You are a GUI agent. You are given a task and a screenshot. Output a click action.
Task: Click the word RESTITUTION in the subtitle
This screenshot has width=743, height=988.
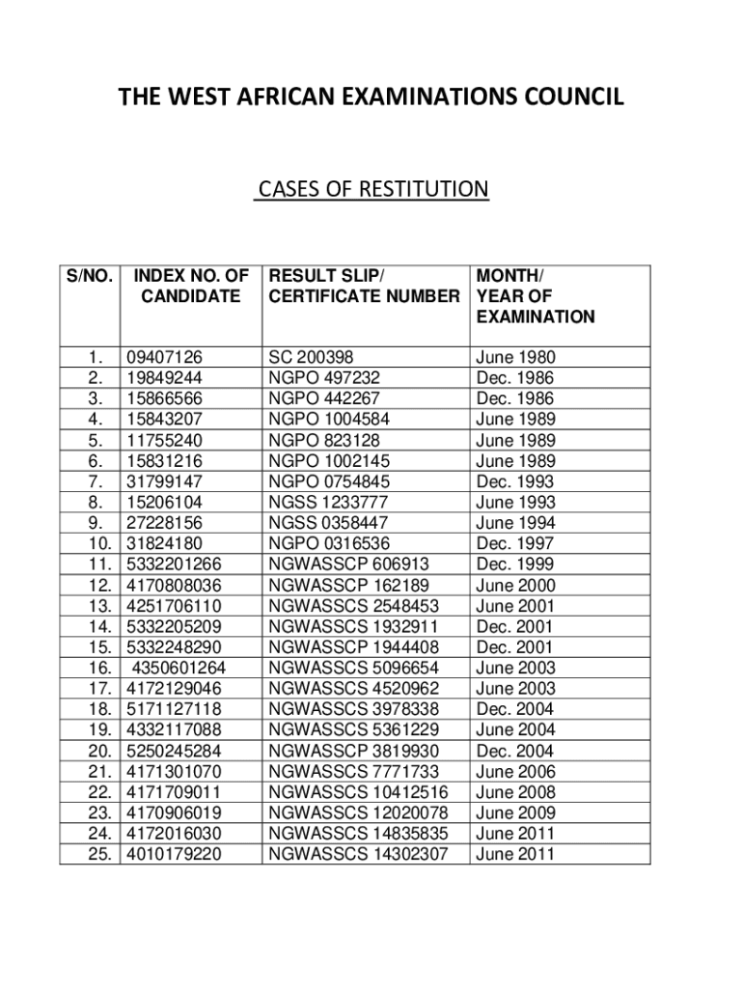click(424, 189)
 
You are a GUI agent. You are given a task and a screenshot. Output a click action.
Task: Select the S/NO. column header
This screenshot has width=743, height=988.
click(90, 276)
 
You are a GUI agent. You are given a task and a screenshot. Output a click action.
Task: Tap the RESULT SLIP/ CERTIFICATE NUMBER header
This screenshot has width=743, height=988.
click(364, 287)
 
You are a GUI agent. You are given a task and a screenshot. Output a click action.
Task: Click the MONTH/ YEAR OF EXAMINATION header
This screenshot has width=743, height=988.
click(535, 296)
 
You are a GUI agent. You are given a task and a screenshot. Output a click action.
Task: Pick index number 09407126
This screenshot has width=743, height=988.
click(165, 358)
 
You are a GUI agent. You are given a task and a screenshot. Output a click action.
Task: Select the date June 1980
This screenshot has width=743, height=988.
click(515, 358)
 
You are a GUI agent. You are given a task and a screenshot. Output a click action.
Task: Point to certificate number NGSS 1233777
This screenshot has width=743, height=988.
click(329, 503)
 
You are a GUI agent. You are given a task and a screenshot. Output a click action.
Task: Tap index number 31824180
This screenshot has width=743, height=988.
click(165, 544)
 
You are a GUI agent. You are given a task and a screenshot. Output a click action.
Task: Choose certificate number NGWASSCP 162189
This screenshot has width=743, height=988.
click(349, 586)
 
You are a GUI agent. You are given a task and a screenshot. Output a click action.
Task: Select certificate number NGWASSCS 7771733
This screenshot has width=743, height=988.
click(354, 772)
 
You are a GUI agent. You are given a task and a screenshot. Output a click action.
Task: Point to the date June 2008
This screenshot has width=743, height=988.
click(515, 792)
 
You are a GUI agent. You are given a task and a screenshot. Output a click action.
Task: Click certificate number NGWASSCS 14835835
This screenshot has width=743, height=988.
click(359, 834)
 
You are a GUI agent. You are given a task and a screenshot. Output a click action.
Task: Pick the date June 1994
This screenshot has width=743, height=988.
click(515, 524)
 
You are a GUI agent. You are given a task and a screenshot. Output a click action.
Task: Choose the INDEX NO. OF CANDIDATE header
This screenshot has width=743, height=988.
click(191, 287)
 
